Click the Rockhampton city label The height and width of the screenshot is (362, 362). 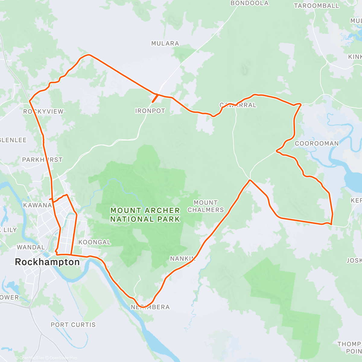click(47, 262)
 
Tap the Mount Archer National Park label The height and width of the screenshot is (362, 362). click(145, 215)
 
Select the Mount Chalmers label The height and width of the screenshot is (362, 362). click(206, 206)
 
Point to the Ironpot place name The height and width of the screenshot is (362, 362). click(150, 111)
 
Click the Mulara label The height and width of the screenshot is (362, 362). click(165, 43)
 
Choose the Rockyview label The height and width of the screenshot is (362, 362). click(43, 112)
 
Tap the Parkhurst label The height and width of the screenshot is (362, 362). click(42, 160)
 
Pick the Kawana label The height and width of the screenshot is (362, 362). click(37, 205)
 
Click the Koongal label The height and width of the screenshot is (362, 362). click(94, 242)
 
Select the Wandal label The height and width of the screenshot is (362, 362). click(31, 247)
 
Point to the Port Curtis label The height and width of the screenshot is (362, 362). click(73, 325)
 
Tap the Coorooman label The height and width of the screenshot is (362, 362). click(316, 144)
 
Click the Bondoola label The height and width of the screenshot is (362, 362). click(249, 3)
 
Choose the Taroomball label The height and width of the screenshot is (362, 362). click(316, 6)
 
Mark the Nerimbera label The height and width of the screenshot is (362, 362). click(150, 307)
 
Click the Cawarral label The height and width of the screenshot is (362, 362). click(238, 105)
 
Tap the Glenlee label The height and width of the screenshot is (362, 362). click(13, 140)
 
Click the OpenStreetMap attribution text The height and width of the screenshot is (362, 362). click(63, 358)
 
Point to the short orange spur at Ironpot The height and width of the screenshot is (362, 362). click(155, 98)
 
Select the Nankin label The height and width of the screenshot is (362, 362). click(183, 259)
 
